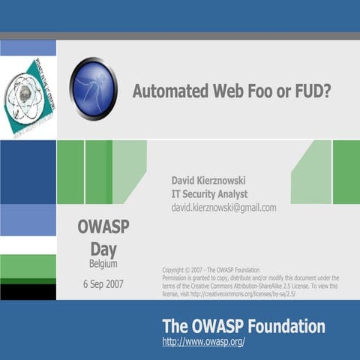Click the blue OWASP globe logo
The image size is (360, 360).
94,88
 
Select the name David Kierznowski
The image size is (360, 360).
209,180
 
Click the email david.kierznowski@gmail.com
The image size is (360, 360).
223,208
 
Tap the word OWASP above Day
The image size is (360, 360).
103,227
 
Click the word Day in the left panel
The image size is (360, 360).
103,249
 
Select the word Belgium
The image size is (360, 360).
103,264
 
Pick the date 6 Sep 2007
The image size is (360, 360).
103,284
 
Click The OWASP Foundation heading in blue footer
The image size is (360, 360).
244,326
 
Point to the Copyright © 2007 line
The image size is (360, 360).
211,269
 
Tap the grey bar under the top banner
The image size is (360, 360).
180,35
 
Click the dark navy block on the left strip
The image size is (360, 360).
28,171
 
